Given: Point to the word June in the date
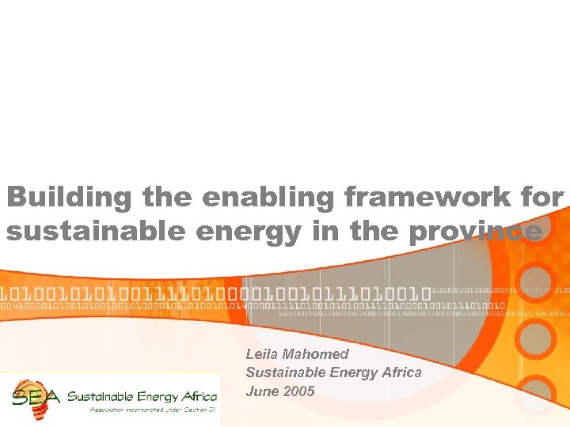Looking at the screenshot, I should [x=260, y=391].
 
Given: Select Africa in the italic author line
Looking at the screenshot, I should [x=401, y=372].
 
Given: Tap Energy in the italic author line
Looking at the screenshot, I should [x=348, y=372].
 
